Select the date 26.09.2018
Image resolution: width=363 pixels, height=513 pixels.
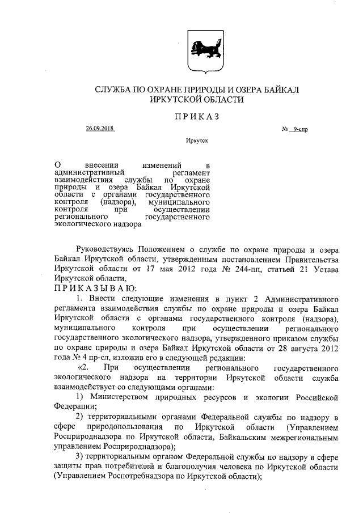pos(100,129)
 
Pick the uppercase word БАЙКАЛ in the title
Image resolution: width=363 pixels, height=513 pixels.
pos(279,90)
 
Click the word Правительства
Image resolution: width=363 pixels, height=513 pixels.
pos(310,259)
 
